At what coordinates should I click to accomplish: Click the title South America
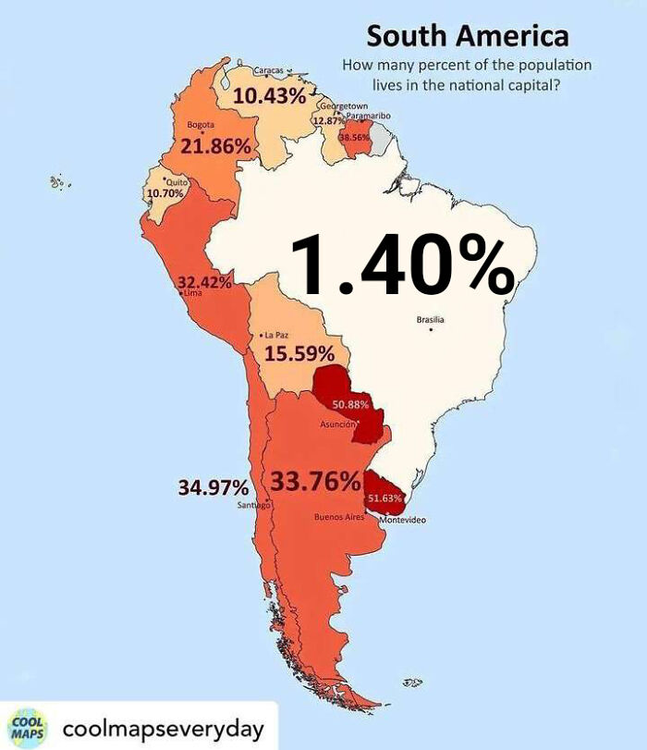coord(467,37)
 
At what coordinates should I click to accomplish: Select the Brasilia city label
coord(430,320)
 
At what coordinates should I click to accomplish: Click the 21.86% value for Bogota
coord(215,146)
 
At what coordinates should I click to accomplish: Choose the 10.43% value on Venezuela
coord(269,95)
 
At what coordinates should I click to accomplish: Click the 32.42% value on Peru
coord(204,282)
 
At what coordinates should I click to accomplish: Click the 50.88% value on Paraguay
coord(350,405)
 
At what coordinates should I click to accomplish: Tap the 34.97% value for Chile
coord(213,487)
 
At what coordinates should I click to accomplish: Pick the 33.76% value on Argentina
coord(315,482)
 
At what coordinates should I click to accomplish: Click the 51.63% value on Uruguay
coord(385,498)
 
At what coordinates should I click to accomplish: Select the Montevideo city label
coord(403,522)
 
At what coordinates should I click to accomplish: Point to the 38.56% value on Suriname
coord(354,138)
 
